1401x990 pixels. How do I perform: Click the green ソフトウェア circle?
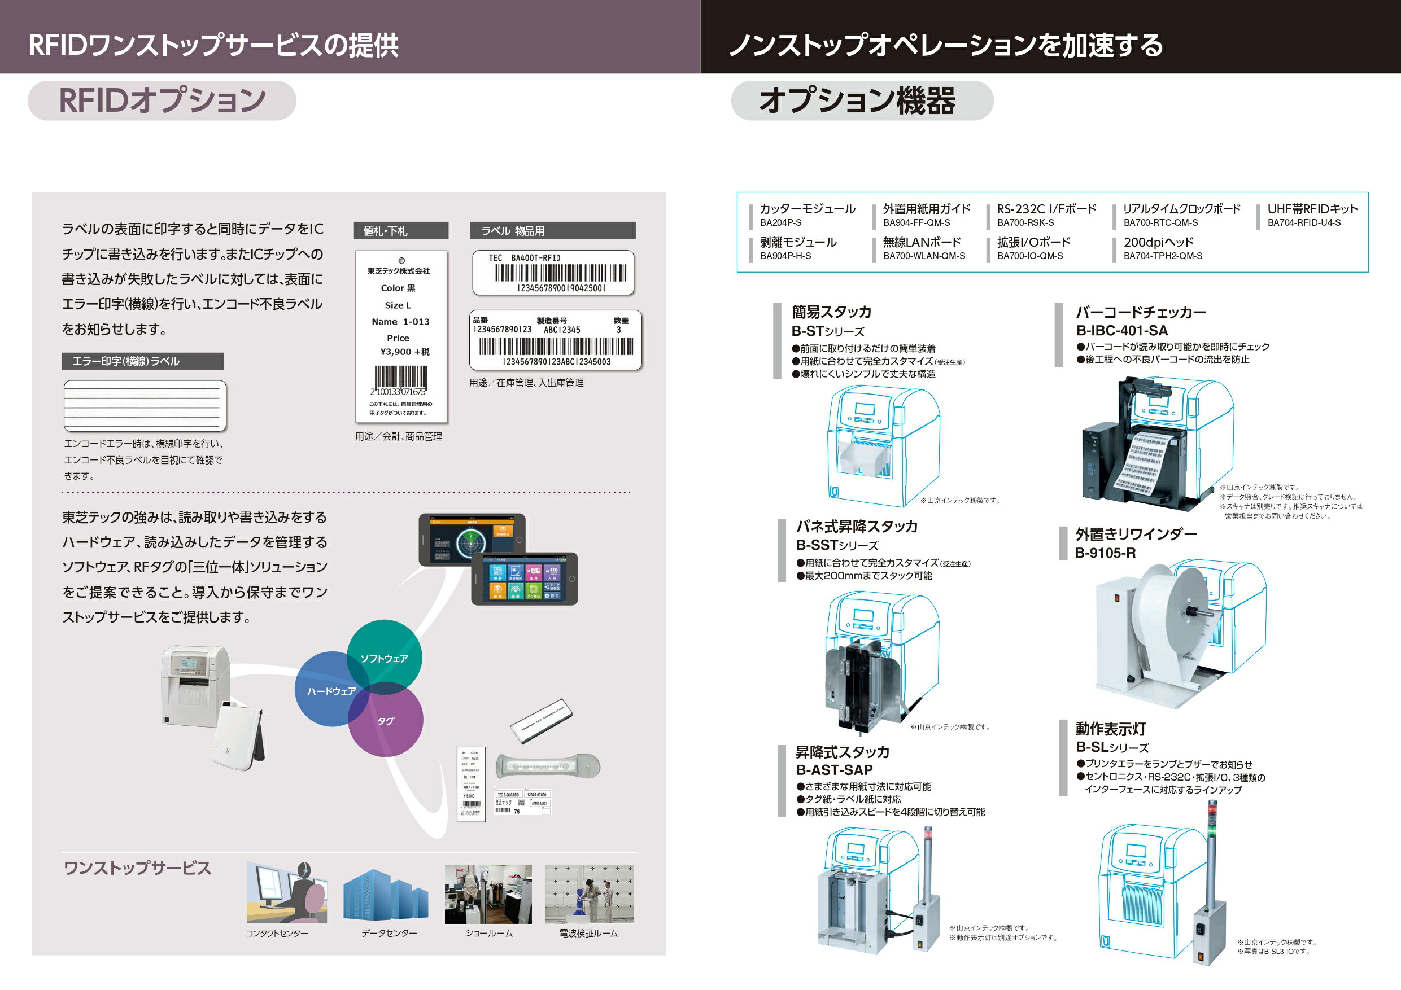(x=385, y=652)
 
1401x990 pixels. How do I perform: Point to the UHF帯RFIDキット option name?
(x=1312, y=209)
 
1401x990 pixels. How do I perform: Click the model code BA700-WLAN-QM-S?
(x=924, y=256)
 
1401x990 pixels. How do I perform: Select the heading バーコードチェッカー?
(x=1141, y=312)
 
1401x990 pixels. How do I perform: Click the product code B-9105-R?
(x=1105, y=553)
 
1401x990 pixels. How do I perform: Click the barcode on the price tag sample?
(x=400, y=378)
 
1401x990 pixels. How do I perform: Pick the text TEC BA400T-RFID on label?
(x=524, y=258)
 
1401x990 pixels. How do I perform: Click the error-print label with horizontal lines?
(x=145, y=406)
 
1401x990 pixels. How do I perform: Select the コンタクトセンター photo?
(x=287, y=893)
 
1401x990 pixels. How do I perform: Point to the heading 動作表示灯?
(x=1111, y=729)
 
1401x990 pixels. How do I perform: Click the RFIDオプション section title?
(x=162, y=100)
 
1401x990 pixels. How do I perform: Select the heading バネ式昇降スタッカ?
(x=857, y=527)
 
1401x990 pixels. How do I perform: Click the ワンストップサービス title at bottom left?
(x=137, y=868)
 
